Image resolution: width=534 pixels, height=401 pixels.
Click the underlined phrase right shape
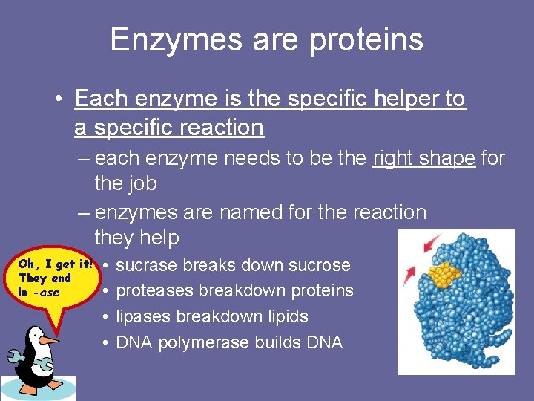click(x=423, y=158)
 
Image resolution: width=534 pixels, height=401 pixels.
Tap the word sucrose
click(x=319, y=265)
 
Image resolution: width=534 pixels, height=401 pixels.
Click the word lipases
click(x=142, y=316)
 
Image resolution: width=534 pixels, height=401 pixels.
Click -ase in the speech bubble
click(x=48, y=292)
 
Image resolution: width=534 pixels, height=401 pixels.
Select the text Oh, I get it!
click(x=55, y=264)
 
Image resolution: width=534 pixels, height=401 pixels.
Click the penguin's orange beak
click(x=49, y=340)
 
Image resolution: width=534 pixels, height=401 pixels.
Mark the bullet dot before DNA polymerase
click(x=107, y=342)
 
